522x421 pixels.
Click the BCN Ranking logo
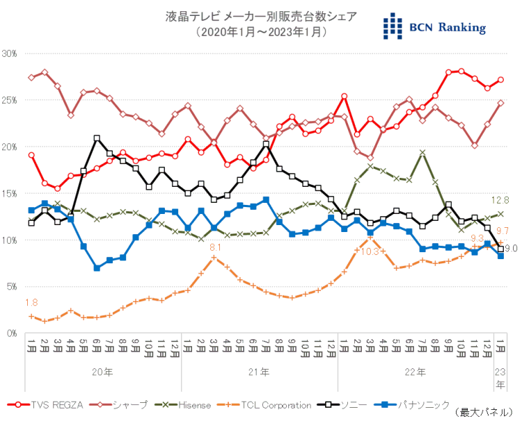[x=434, y=26]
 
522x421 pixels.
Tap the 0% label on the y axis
[x=12, y=333]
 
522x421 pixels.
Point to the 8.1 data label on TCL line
[x=215, y=247]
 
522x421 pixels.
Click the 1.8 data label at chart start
[x=31, y=302]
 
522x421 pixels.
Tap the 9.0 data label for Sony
[x=510, y=249]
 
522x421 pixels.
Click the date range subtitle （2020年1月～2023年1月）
[x=261, y=32]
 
